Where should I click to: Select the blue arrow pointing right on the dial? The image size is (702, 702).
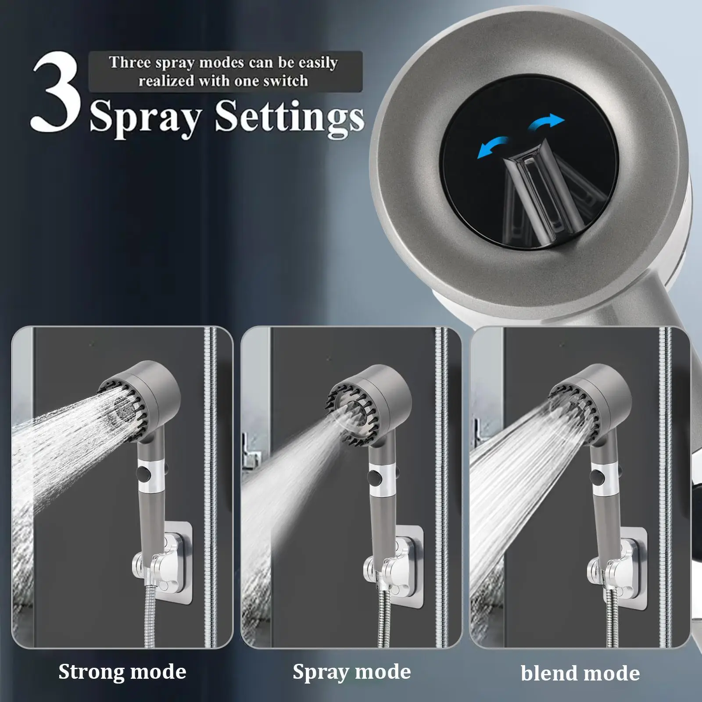coord(546,122)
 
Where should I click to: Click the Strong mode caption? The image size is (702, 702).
coord(122,671)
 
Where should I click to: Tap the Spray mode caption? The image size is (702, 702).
coord(352,671)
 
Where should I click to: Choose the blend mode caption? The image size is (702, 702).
coord(580,673)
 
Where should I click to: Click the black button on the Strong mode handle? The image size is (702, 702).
coord(142,474)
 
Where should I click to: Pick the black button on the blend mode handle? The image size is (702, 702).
coord(598,475)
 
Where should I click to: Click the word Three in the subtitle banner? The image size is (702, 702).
coord(130,62)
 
